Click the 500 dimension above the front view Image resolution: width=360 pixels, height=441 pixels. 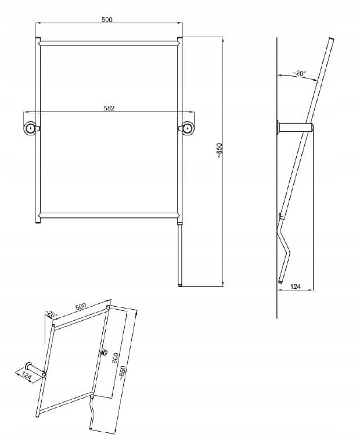[107, 19]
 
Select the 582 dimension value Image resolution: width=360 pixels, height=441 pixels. [109, 108]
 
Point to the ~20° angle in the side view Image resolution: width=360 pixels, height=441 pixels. [299, 73]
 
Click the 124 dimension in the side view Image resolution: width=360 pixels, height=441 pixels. [296, 286]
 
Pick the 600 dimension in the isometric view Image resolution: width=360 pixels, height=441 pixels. [116, 358]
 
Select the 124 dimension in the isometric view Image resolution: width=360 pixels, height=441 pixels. [26, 375]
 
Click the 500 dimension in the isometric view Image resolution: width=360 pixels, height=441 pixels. [81, 306]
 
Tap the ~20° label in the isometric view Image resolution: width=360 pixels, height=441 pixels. [52, 314]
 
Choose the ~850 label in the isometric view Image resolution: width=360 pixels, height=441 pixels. [124, 373]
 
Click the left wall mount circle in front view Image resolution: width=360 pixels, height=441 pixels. [30, 128]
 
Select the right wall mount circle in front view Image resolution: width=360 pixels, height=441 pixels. [188, 128]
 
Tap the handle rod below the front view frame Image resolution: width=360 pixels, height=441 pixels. [180, 254]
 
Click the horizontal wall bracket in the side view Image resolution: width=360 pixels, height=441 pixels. [295, 127]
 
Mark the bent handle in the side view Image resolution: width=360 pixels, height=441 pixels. [283, 248]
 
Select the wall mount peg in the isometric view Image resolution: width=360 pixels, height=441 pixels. [35, 370]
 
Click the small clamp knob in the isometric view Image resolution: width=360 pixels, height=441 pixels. [103, 352]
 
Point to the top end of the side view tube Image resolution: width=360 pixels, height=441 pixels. [332, 39]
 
